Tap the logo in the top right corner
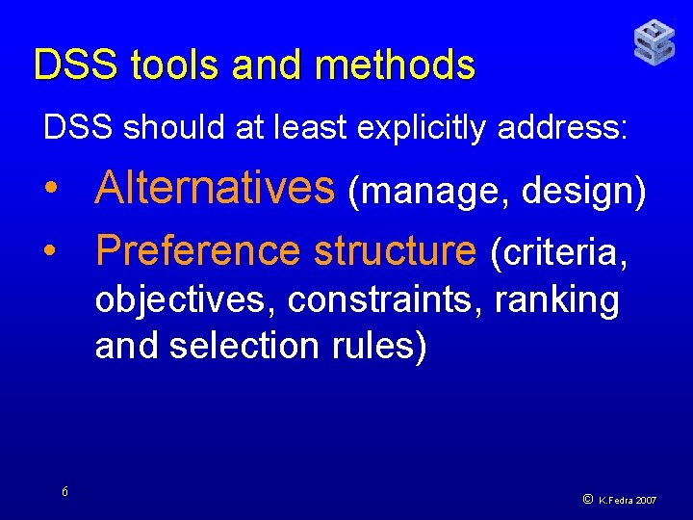tap(654, 42)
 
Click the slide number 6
tap(64, 492)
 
